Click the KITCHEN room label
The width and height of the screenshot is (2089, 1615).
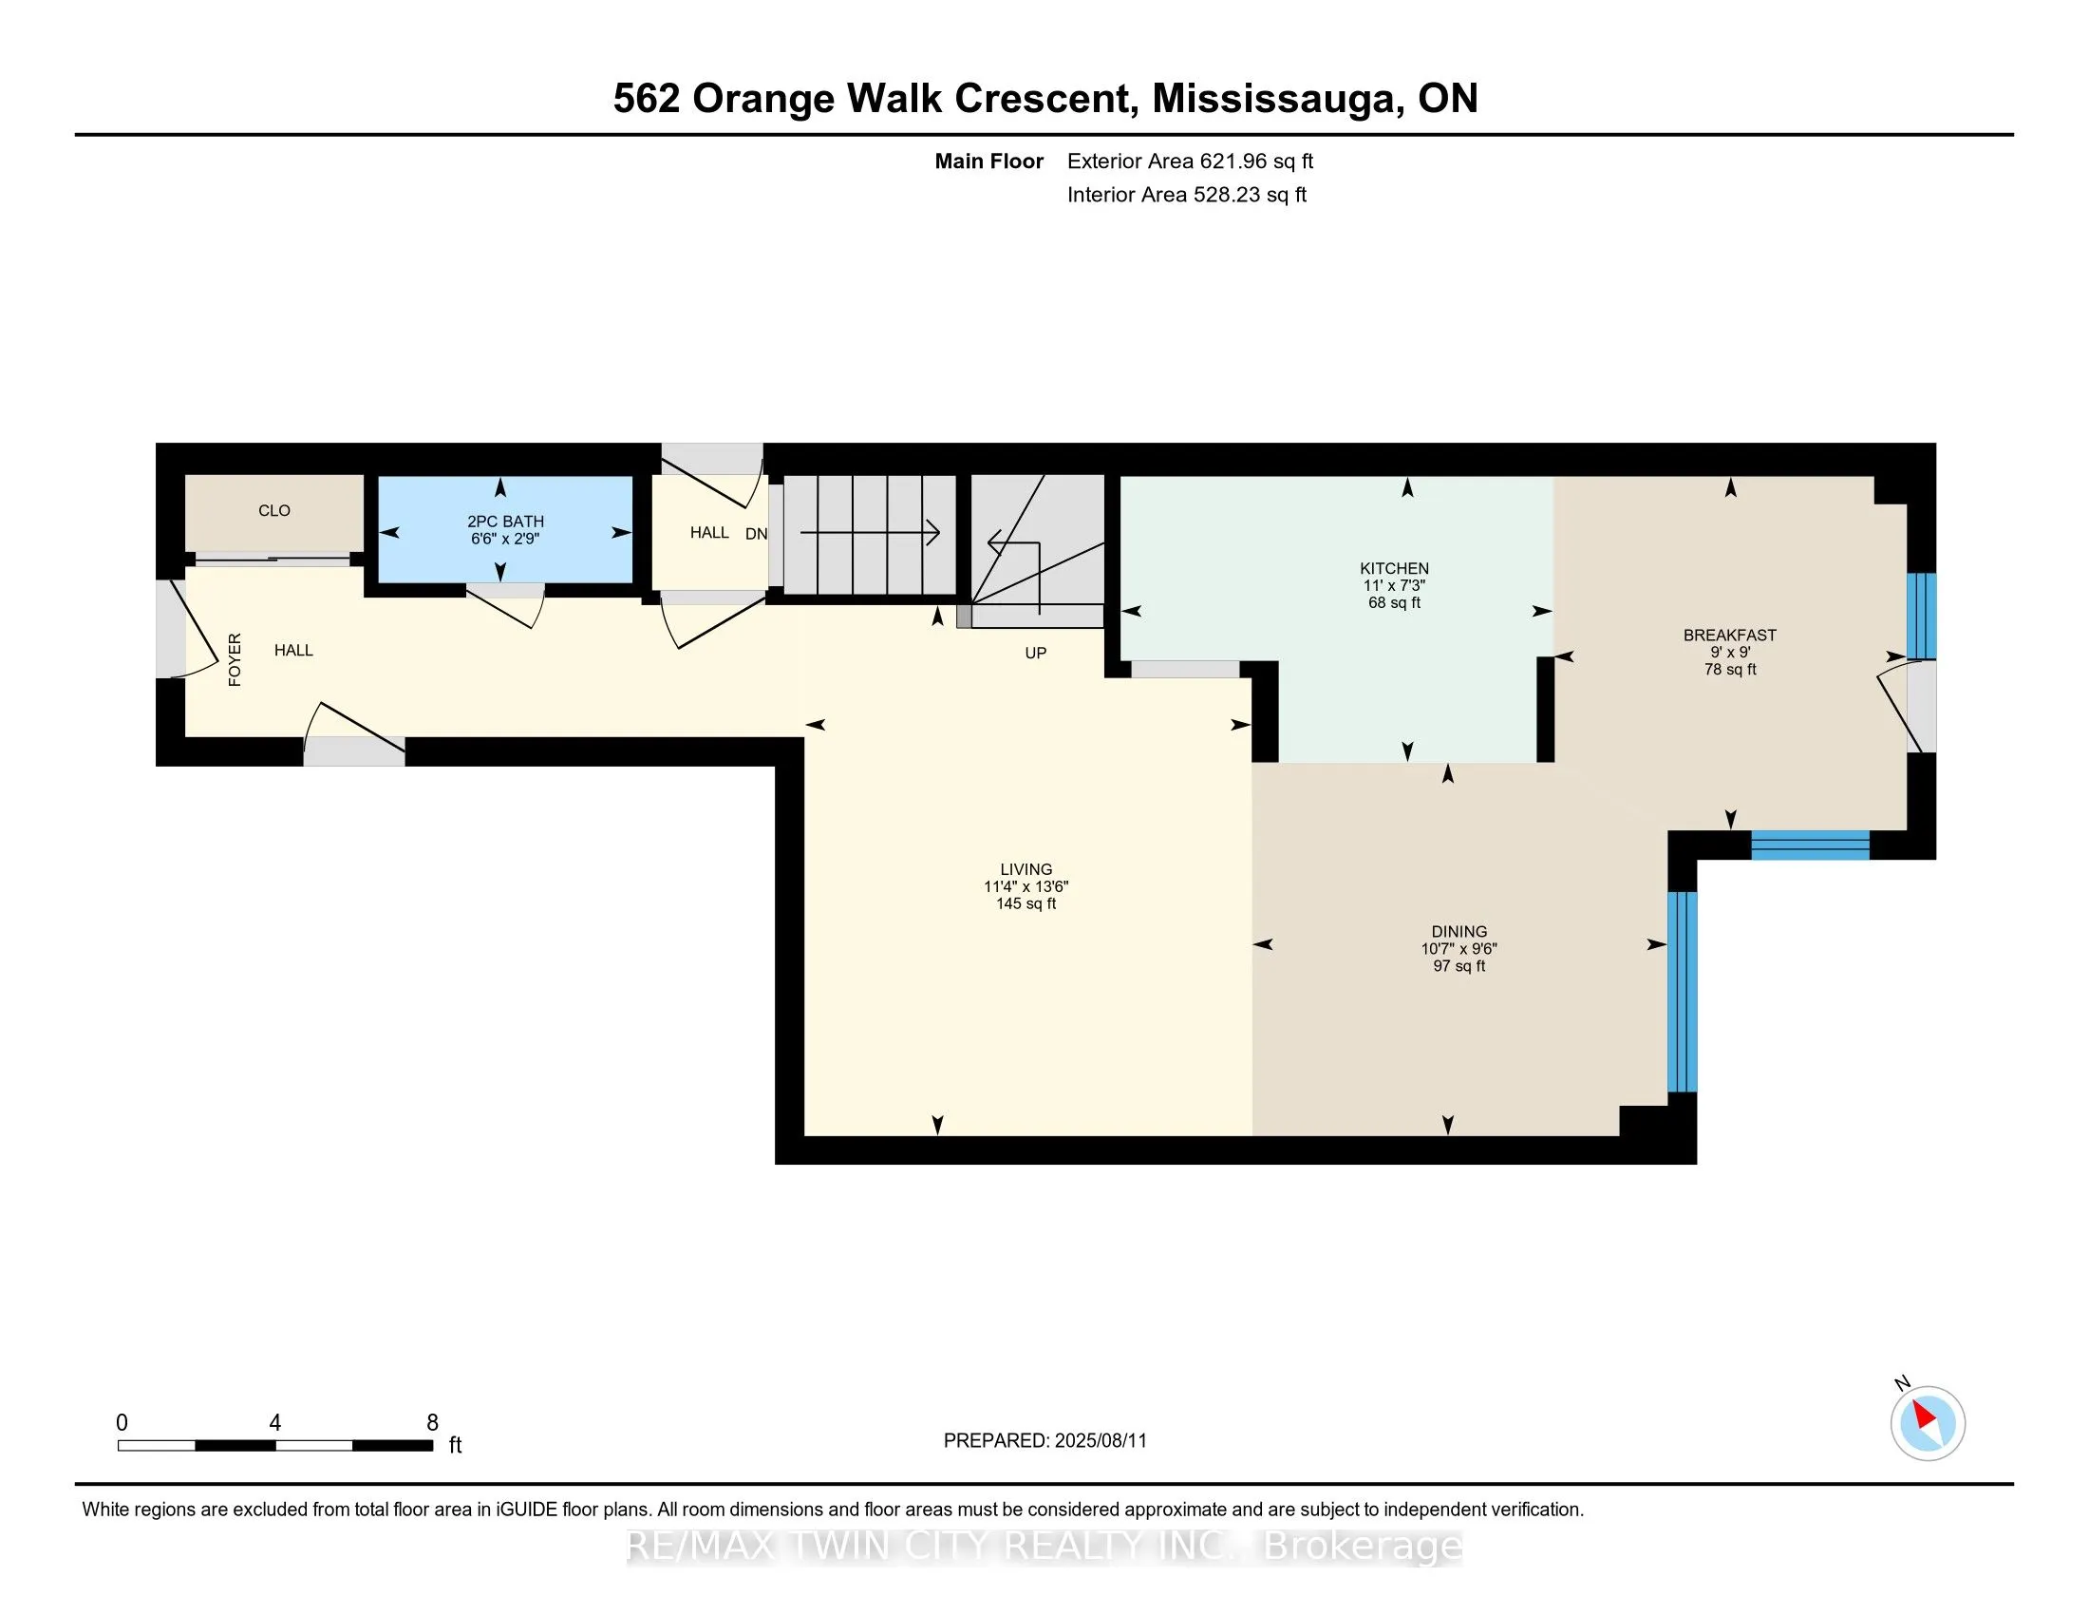point(1395,568)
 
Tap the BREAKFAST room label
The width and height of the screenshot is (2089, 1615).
point(1730,636)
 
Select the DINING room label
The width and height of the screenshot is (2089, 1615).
point(1459,932)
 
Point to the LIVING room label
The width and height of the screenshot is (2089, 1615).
point(1026,869)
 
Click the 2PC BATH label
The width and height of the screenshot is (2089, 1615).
point(506,522)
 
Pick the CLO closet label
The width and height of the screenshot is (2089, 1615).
point(274,511)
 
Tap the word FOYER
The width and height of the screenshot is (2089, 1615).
point(235,660)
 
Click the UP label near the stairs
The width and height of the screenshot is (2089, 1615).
point(1036,654)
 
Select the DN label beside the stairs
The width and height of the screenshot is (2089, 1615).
point(757,534)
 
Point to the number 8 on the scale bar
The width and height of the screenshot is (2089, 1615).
point(432,1423)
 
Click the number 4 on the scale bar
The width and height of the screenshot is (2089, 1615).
point(275,1423)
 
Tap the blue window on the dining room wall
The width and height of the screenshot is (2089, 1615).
point(1683,992)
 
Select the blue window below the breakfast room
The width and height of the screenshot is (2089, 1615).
point(1811,845)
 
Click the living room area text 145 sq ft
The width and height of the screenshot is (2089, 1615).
point(1026,904)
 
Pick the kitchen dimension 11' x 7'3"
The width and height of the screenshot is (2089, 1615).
point(1395,585)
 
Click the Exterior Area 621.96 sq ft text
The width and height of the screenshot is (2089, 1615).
point(1191,161)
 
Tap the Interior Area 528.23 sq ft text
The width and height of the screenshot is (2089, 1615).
point(1187,195)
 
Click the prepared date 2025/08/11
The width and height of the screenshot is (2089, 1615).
point(1099,1441)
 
